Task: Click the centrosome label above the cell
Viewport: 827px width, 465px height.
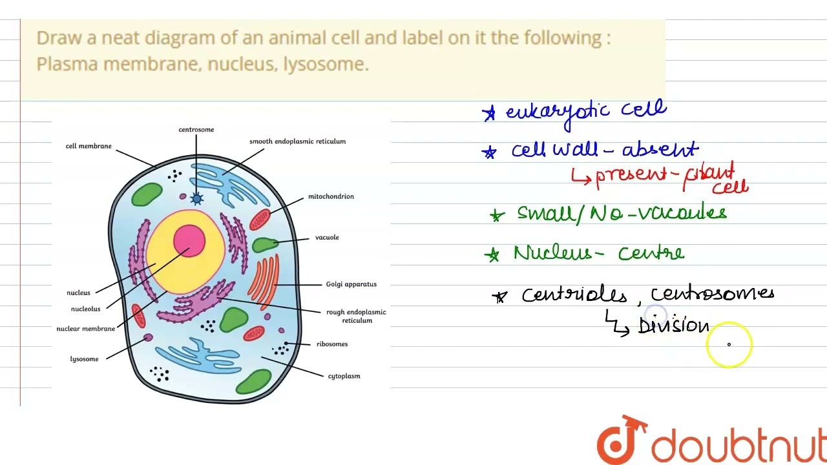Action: click(x=196, y=130)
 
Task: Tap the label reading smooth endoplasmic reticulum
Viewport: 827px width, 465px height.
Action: click(x=297, y=141)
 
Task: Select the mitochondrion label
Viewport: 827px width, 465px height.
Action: click(x=330, y=196)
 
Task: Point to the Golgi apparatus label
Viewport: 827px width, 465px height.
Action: click(x=351, y=284)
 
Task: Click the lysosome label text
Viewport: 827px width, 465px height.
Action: click(x=84, y=359)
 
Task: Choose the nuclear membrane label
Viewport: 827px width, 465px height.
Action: click(x=85, y=329)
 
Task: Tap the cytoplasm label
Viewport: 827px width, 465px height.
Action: click(x=344, y=376)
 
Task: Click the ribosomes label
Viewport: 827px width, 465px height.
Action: click(x=331, y=344)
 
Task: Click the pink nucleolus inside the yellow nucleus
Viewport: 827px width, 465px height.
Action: click(x=189, y=241)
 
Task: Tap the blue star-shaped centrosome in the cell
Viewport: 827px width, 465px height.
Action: click(x=196, y=199)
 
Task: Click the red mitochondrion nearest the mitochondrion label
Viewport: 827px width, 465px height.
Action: click(x=260, y=220)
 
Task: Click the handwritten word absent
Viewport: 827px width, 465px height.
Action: click(x=660, y=150)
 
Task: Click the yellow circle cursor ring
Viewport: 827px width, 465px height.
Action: click(x=729, y=344)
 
